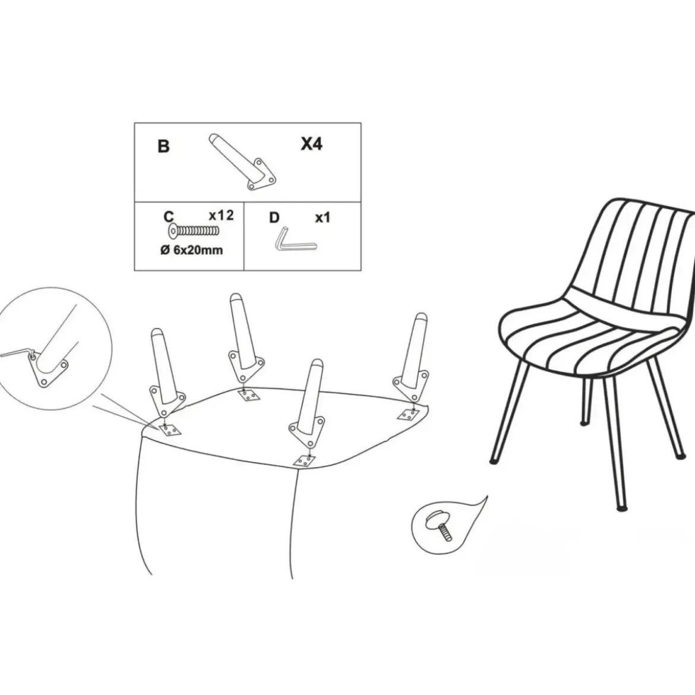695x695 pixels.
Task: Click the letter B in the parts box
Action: (x=163, y=146)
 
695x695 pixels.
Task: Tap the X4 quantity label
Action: (x=312, y=144)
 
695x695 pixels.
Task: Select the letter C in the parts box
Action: (x=169, y=217)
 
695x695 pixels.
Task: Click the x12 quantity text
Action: (x=221, y=215)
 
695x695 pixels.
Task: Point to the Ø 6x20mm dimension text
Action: (x=191, y=250)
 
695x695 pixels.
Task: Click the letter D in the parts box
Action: (x=274, y=217)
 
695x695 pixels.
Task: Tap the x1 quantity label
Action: (x=322, y=217)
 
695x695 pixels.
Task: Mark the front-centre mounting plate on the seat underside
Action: (x=305, y=462)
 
